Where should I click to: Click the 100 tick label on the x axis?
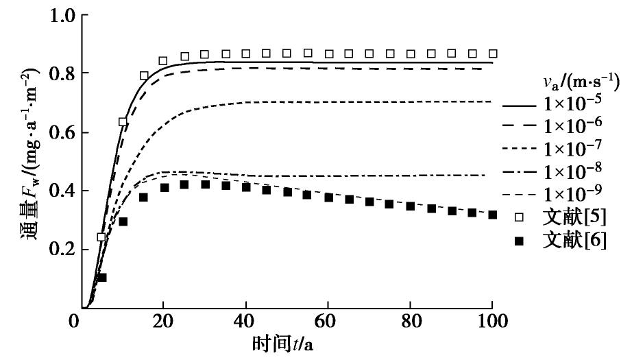coord(492,322)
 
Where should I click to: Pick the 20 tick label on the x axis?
coord(163,322)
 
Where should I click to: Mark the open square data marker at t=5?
coord(102,237)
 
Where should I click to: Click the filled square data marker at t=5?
coord(102,277)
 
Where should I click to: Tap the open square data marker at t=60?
coord(328,53)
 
